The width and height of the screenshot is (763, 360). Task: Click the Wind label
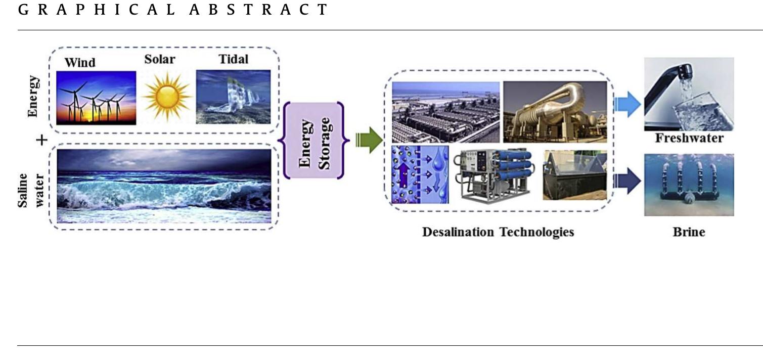(x=80, y=63)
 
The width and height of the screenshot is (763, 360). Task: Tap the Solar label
(x=160, y=59)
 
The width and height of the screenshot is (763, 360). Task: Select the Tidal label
(x=234, y=59)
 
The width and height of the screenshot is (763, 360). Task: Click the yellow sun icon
(x=166, y=96)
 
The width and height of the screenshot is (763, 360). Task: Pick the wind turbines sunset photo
(x=96, y=98)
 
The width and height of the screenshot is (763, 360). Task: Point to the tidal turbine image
(x=234, y=97)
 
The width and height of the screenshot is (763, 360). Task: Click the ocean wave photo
(x=164, y=186)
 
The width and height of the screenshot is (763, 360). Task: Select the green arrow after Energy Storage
(x=370, y=140)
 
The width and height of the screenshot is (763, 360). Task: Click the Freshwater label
(x=689, y=138)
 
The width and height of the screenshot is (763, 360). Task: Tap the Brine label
(x=689, y=232)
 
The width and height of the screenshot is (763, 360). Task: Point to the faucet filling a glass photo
(x=689, y=94)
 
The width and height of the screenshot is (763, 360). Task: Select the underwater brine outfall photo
(x=689, y=185)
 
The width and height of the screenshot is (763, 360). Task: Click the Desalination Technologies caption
(x=498, y=232)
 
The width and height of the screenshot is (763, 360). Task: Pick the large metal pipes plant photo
(x=555, y=112)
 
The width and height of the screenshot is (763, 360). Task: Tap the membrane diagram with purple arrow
(x=420, y=174)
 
